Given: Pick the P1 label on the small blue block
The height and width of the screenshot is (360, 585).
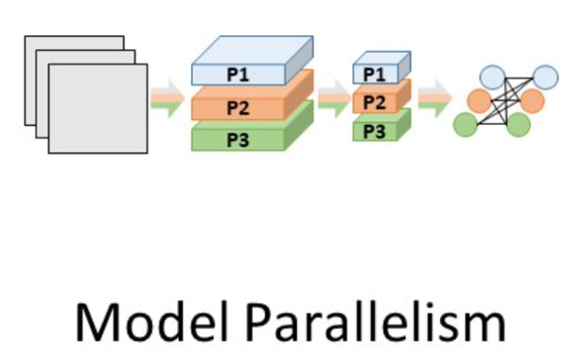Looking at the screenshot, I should pyautogui.click(x=376, y=74).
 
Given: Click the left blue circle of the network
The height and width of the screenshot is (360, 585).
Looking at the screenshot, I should pyautogui.click(x=492, y=77).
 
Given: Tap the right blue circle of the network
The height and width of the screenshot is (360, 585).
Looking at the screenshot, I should pyautogui.click(x=545, y=77).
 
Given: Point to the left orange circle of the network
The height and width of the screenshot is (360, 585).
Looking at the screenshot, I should pyautogui.click(x=479, y=100).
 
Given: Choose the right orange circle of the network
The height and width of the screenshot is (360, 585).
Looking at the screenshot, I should pyautogui.click(x=532, y=100).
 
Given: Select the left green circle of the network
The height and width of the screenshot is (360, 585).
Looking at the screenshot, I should pyautogui.click(x=466, y=124).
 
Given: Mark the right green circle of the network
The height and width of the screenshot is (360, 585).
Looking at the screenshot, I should pyautogui.click(x=518, y=124).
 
